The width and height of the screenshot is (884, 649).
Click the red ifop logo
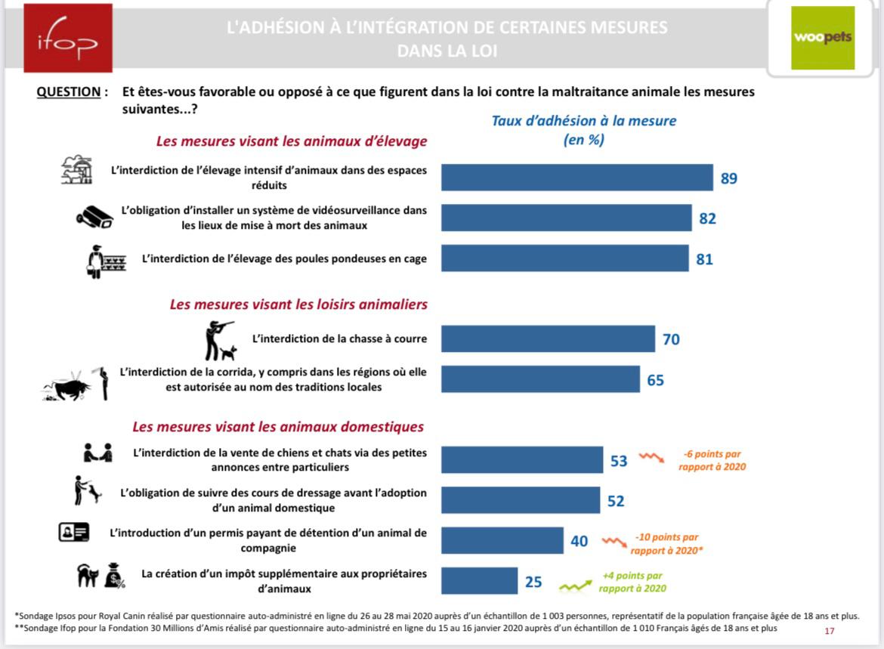pos(68,38)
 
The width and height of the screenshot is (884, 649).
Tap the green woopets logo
pos(823,38)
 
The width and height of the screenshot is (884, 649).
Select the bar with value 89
pos(576,178)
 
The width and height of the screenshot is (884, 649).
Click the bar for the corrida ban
pos(540,379)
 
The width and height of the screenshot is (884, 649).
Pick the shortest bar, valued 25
pos(479,581)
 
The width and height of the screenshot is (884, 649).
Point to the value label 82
pos(707,219)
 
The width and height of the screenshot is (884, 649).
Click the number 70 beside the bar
pos(671,339)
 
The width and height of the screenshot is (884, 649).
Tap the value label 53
pos(619,461)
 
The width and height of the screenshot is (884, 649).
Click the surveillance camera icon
pos(94,217)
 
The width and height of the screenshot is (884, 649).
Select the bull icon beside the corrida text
pos(66,388)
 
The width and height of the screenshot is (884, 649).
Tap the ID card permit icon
pos(74,533)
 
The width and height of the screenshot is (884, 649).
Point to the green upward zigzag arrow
pos(575,586)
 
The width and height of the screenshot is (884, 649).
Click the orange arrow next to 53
pos(651,457)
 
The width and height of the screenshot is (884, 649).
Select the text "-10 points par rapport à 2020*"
pos(666,543)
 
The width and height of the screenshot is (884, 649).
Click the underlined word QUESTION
pos(68,92)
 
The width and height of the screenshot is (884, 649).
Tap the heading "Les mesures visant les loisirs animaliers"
pos(298,304)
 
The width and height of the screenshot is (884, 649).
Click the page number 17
pos(830,631)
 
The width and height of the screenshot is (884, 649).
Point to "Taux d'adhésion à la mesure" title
pos(583,121)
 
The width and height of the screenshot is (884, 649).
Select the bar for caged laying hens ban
pos(565,258)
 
